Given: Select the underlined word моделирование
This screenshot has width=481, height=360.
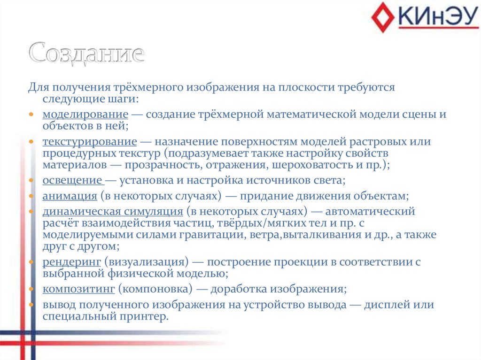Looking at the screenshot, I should point(85,115).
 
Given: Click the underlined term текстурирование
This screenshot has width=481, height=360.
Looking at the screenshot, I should point(90,142).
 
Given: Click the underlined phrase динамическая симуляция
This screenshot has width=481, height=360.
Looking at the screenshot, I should point(113,211).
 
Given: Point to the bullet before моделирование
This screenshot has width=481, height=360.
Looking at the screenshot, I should point(31,115).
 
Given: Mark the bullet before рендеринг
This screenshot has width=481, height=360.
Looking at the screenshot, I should point(31,262).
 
